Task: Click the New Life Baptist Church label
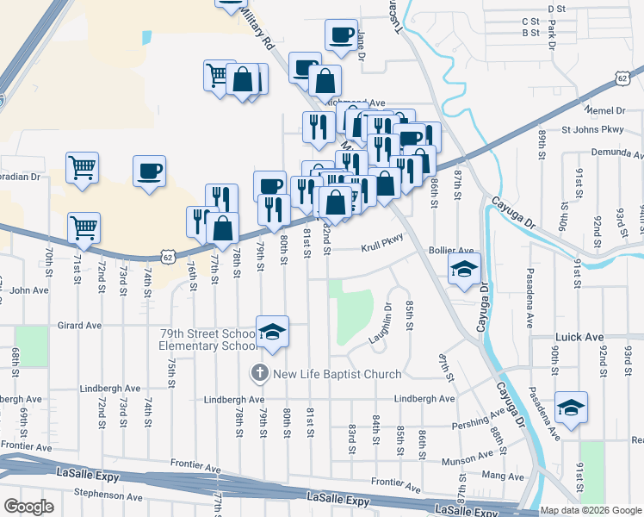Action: pyautogui.click(x=337, y=374)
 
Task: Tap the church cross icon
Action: pyautogui.click(x=259, y=373)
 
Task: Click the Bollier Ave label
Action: pyautogui.click(x=457, y=250)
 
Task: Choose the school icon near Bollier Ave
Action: pyautogui.click(x=464, y=270)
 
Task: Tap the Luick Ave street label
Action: pyautogui.click(x=559, y=338)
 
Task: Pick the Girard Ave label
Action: pyautogui.click(x=79, y=326)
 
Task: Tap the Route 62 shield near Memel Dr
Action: pyautogui.click(x=622, y=78)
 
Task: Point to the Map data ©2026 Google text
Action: pyautogui.click(x=591, y=510)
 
